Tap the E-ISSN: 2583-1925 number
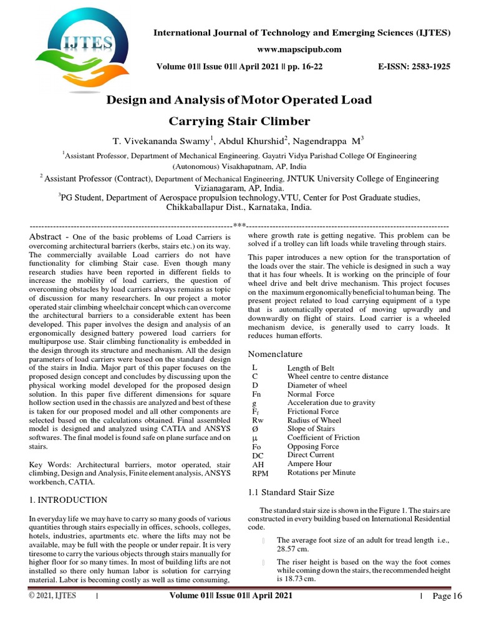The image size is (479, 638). pos(414,66)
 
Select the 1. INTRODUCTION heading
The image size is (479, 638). pos(69,500)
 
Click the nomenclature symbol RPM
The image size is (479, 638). pos(259,473)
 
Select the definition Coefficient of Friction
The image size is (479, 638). pos(323,437)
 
